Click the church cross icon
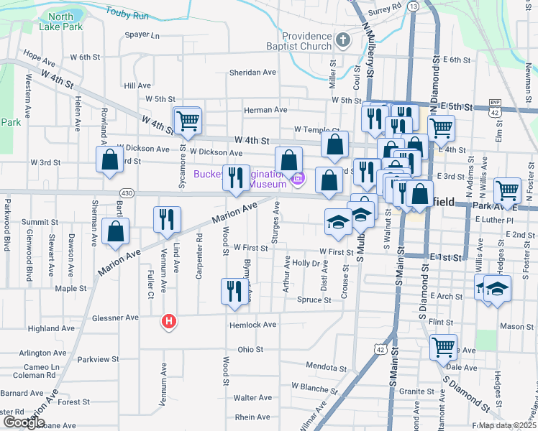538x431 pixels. click(343, 40)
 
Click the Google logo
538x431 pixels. click(24, 422)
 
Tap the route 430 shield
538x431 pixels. click(127, 193)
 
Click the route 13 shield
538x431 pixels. click(413, 6)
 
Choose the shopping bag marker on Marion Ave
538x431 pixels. click(115, 232)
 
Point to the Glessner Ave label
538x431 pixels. click(115, 318)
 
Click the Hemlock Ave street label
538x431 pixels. click(252, 325)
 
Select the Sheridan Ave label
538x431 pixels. click(252, 73)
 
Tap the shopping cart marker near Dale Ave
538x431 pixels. click(443, 347)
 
